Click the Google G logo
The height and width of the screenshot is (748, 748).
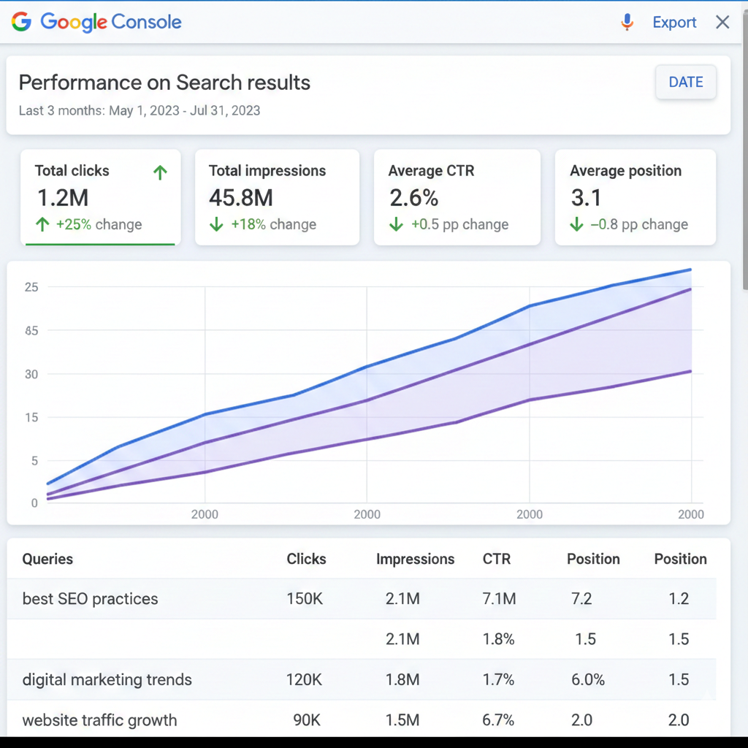21,22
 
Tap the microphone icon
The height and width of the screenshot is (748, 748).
627,23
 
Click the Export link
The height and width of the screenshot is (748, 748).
674,23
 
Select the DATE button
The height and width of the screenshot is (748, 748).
685,83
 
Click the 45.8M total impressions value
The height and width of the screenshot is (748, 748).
241,197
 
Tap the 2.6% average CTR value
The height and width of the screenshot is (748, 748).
413,197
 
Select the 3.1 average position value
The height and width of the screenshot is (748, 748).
586,197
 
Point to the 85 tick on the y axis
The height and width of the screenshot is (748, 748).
31,330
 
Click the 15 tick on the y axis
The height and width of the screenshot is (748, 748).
31,417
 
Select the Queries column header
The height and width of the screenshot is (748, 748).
47,560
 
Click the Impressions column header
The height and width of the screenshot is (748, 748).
415,560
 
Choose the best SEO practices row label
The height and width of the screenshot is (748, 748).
90,599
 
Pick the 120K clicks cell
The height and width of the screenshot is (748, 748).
304,680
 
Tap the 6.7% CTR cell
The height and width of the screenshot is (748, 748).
499,720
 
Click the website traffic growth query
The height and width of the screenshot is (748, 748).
99,720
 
